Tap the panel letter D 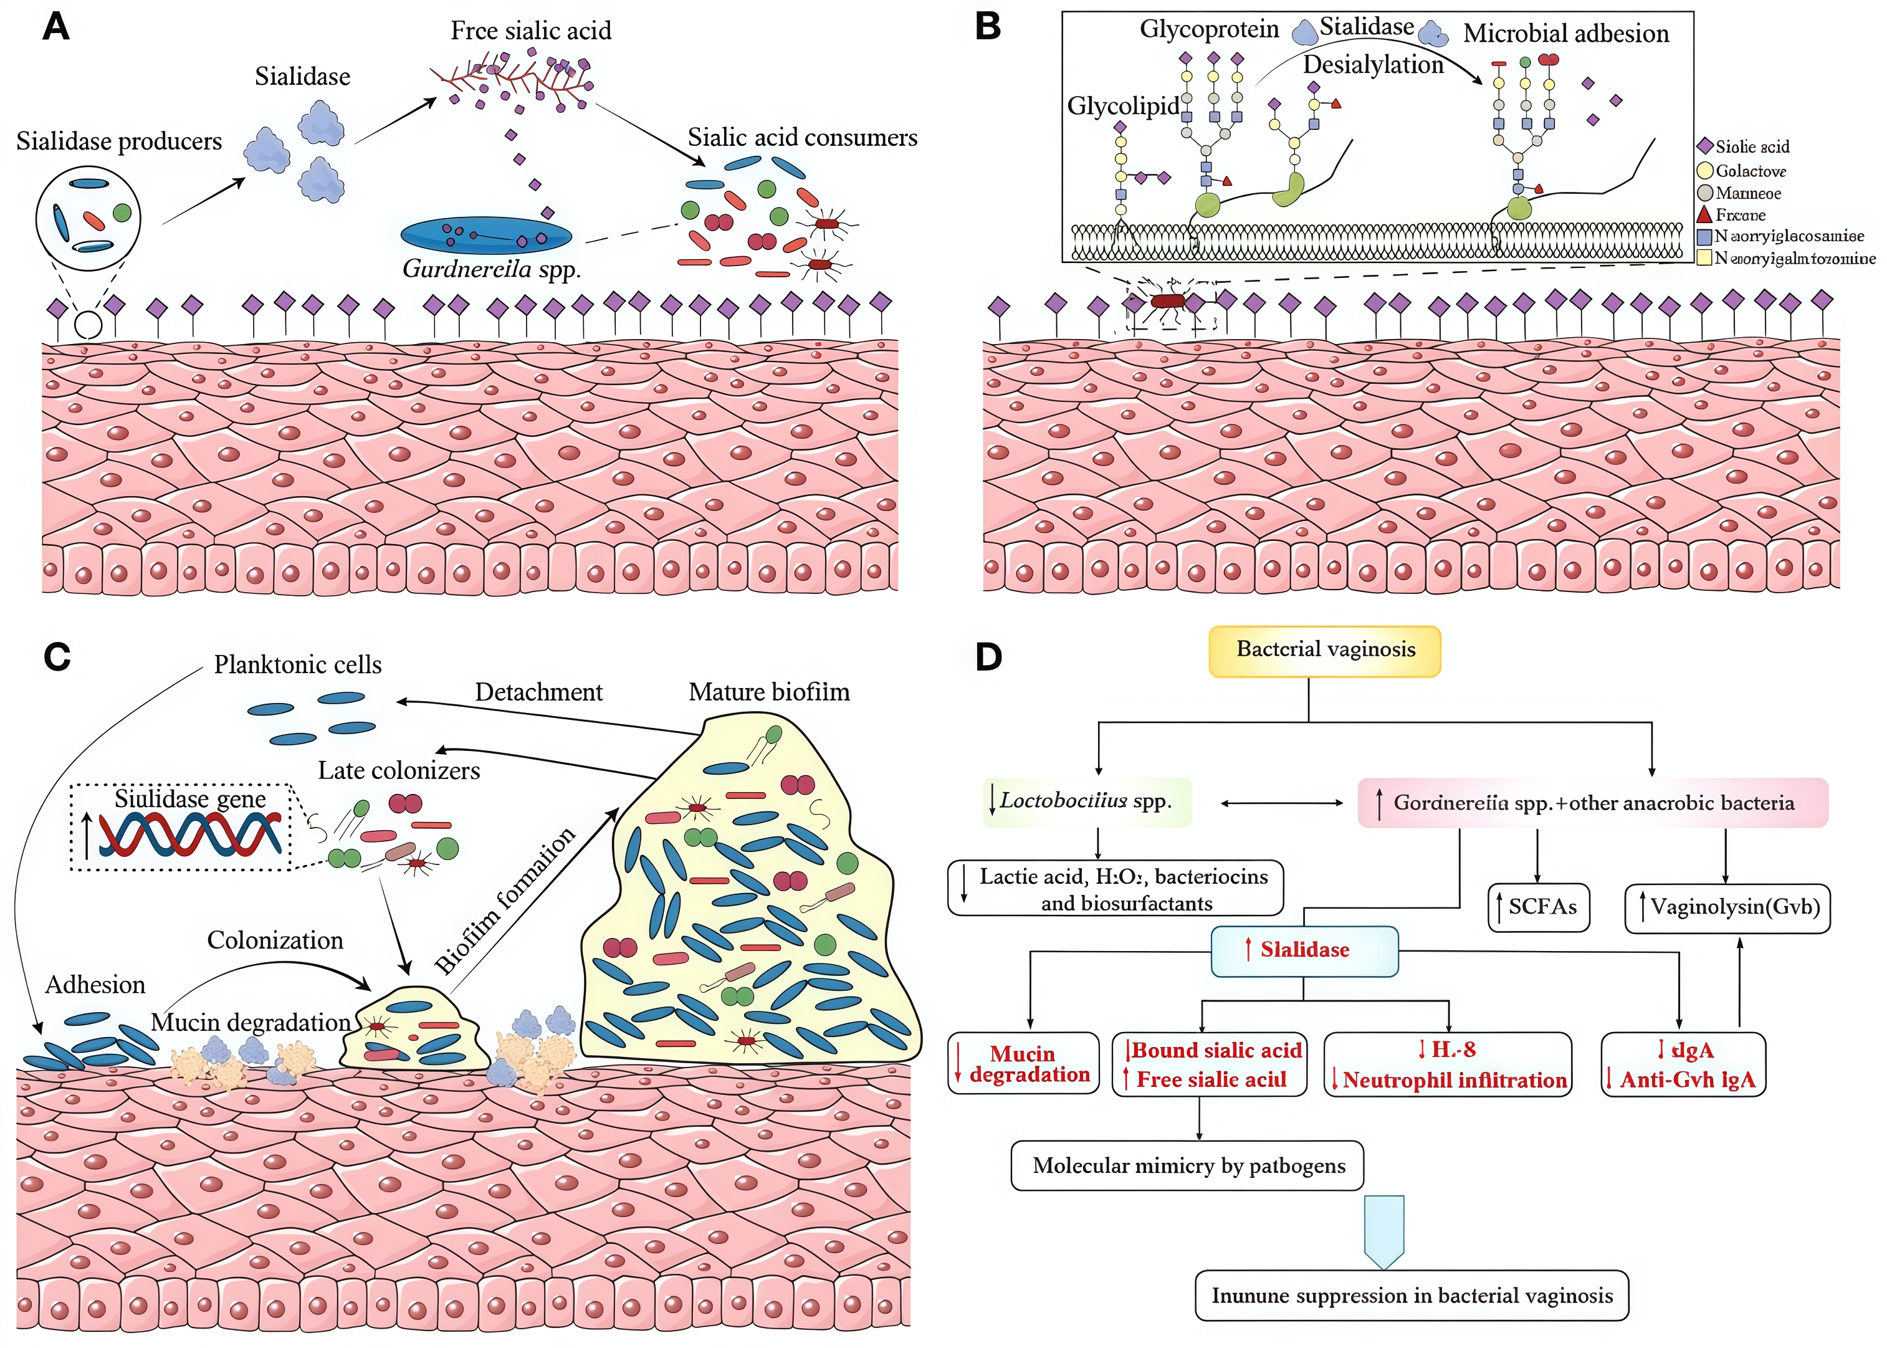pyautogui.click(x=988, y=657)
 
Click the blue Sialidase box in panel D pyautogui.click(x=1304, y=950)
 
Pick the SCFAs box pyautogui.click(x=1539, y=907)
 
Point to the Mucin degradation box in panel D pyautogui.click(x=1023, y=1063)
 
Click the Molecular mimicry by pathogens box pyautogui.click(x=1187, y=1165)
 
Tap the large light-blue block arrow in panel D pyautogui.click(x=1384, y=1230)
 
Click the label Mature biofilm pyautogui.click(x=769, y=692)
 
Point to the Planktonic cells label pyautogui.click(x=298, y=665)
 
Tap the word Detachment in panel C pyautogui.click(x=538, y=692)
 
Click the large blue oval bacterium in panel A pyautogui.click(x=486, y=236)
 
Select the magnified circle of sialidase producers pyautogui.click(x=88, y=218)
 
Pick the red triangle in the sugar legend pyautogui.click(x=1705, y=214)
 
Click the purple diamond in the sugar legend pyautogui.click(x=1705, y=146)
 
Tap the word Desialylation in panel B pyautogui.click(x=1373, y=65)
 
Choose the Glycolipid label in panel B pyautogui.click(x=1123, y=106)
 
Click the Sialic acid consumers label pyautogui.click(x=803, y=138)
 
